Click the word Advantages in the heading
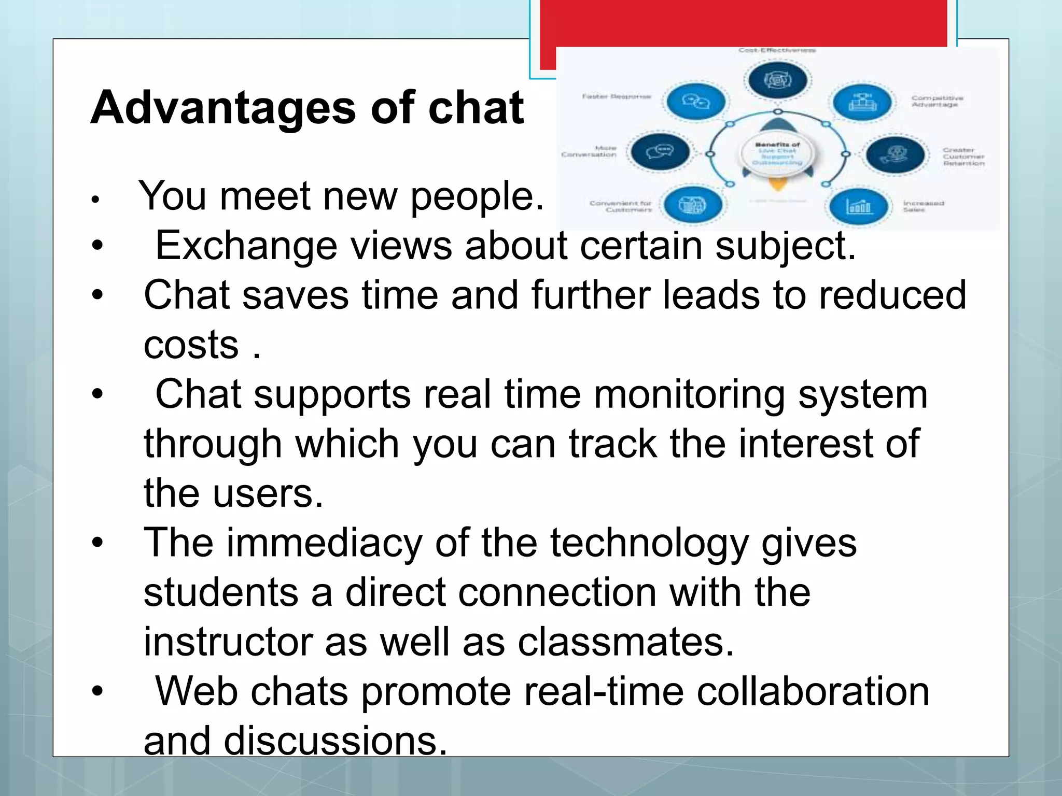tap(223, 109)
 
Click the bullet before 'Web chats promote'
tap(97, 691)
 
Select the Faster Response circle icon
tap(695, 102)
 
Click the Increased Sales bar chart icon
tap(858, 206)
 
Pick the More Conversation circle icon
tap(660, 152)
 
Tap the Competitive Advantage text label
tap(937, 101)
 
